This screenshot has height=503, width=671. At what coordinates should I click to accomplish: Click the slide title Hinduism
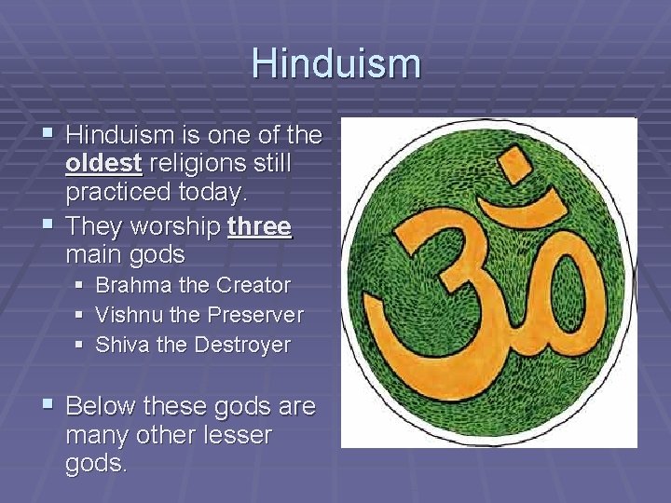335,63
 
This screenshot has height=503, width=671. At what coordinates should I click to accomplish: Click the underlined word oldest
103,164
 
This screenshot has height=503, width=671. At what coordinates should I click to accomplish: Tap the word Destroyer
242,345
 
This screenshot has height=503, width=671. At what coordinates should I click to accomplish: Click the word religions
191,164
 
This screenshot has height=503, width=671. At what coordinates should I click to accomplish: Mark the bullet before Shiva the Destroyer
81,345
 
